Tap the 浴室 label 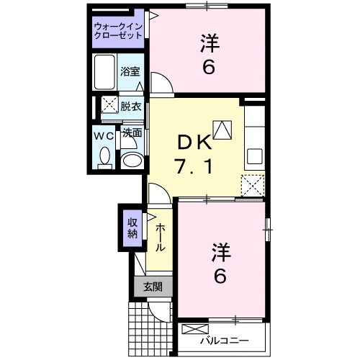coord(130,72)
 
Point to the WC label coord(102,135)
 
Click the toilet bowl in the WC coord(105,156)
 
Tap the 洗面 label coord(131,133)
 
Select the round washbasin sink coord(130,160)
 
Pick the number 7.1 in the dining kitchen coord(193,168)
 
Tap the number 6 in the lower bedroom coord(221,275)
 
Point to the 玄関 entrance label coord(152,287)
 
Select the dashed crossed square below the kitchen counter coord(253,186)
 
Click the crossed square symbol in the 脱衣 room coord(109,105)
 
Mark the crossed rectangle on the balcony coord(194,330)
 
